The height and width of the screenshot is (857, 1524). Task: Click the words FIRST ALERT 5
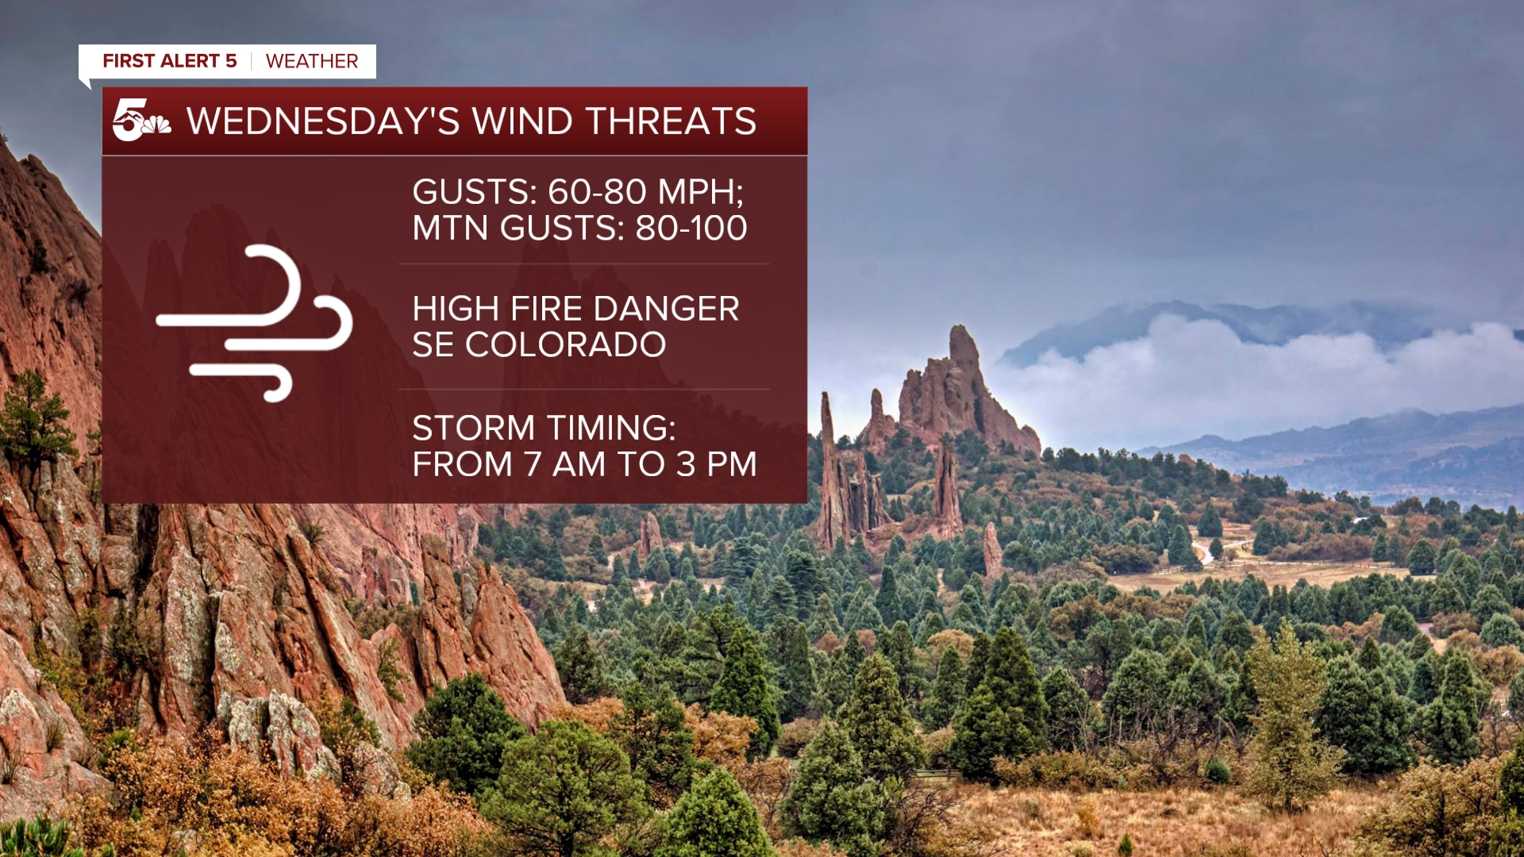[170, 61]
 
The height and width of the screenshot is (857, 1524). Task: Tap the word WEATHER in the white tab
[312, 61]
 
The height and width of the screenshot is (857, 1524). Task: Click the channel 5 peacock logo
[141, 120]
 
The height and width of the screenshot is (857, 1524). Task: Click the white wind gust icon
[255, 322]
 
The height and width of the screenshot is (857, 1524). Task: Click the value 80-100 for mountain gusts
[691, 228]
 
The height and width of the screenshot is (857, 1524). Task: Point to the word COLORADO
[565, 344]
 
